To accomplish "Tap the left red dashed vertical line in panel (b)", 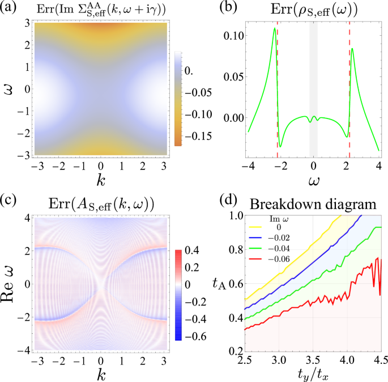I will pyautogui.click(x=278, y=91).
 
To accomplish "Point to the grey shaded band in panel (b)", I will pyautogui.click(x=313, y=91).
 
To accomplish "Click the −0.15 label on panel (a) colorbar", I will pyautogui.click(x=196, y=135).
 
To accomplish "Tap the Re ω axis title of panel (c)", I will pyautogui.click(x=12, y=282).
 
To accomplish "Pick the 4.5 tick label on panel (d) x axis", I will pyautogui.click(x=380, y=360).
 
